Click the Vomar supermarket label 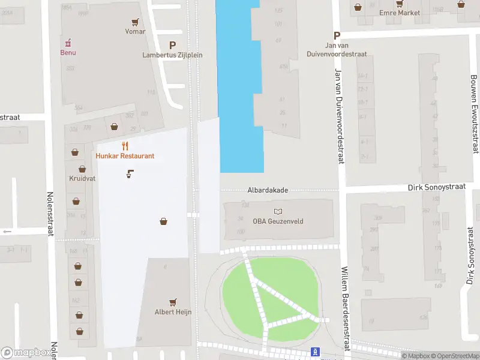click(x=135, y=31)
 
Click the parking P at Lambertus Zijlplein click(x=173, y=45)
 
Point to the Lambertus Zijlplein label click(x=172, y=55)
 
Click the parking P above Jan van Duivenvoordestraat click(x=337, y=35)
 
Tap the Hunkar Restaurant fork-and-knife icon click(x=125, y=146)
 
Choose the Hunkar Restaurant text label click(x=125, y=156)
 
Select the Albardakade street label click(x=268, y=190)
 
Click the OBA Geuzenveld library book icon click(x=278, y=211)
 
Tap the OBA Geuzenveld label click(x=278, y=221)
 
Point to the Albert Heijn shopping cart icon click(x=173, y=302)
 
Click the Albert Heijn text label click(x=173, y=312)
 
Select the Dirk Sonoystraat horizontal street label click(x=436, y=187)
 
